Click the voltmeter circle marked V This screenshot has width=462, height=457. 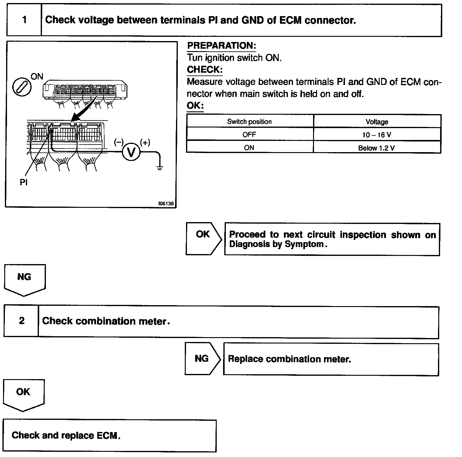tap(131, 151)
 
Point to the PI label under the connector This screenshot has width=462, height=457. tap(23, 182)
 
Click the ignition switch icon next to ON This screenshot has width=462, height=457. tap(22, 87)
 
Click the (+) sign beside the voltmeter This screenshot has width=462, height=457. tap(145, 142)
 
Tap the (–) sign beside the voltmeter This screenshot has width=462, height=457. tap(119, 142)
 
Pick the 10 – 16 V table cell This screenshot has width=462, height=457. tap(377, 135)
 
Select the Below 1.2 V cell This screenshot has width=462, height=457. tap(377, 148)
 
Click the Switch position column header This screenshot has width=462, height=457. tap(249, 122)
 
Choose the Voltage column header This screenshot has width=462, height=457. tap(377, 122)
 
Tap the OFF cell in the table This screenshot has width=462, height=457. tap(249, 134)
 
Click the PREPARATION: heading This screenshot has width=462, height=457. tap(222, 46)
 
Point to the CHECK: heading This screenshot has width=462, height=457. tap(205, 69)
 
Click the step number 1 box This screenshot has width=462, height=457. tap(24, 20)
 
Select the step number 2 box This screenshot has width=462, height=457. tap(22, 321)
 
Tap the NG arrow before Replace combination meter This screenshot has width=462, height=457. tap(202, 359)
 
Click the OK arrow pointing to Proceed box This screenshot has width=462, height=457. tap(203, 238)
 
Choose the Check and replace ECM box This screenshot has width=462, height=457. tap(109, 435)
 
